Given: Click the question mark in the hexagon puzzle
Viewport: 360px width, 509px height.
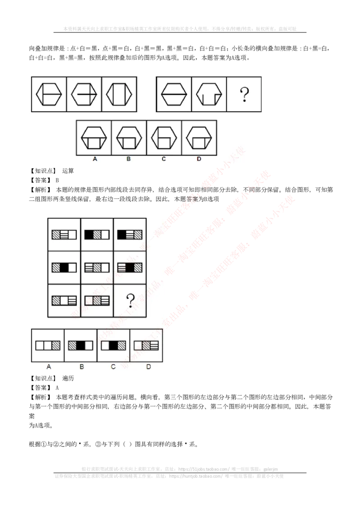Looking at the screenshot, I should (244, 94).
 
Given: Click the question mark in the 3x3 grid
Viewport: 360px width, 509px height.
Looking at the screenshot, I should (130, 300).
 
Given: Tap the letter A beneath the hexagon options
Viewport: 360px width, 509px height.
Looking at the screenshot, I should (94, 159).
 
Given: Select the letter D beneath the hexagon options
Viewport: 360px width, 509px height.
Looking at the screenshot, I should (199, 159).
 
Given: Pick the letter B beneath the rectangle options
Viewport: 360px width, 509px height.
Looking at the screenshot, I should (81, 366).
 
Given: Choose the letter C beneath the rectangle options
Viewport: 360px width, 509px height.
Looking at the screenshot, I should (113, 366).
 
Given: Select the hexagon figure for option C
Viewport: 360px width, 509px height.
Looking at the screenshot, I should (164, 138).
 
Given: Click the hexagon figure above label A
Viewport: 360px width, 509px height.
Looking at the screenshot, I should (94, 138).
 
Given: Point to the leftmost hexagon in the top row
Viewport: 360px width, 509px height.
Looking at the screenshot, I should (49, 94).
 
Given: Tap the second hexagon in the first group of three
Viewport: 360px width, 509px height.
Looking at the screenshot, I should (84, 94).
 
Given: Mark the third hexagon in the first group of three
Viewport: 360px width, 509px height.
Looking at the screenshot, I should (119, 94).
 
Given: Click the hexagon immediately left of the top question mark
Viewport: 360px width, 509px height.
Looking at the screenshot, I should (209, 94).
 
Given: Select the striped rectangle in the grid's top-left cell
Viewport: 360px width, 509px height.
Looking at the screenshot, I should (64, 234).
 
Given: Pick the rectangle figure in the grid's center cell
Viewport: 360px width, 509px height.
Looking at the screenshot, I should (97, 268).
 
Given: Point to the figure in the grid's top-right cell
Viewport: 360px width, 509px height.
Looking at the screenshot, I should (130, 234).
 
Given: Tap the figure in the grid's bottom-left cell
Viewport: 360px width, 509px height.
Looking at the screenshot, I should (64, 300).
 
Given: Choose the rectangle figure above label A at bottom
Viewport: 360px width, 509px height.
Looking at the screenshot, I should (48, 345).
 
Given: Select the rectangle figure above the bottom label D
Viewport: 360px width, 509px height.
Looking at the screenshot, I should (146, 345).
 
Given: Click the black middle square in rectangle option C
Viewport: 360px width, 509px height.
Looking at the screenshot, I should (113, 345).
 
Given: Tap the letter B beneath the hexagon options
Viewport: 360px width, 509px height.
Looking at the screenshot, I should (129, 159).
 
